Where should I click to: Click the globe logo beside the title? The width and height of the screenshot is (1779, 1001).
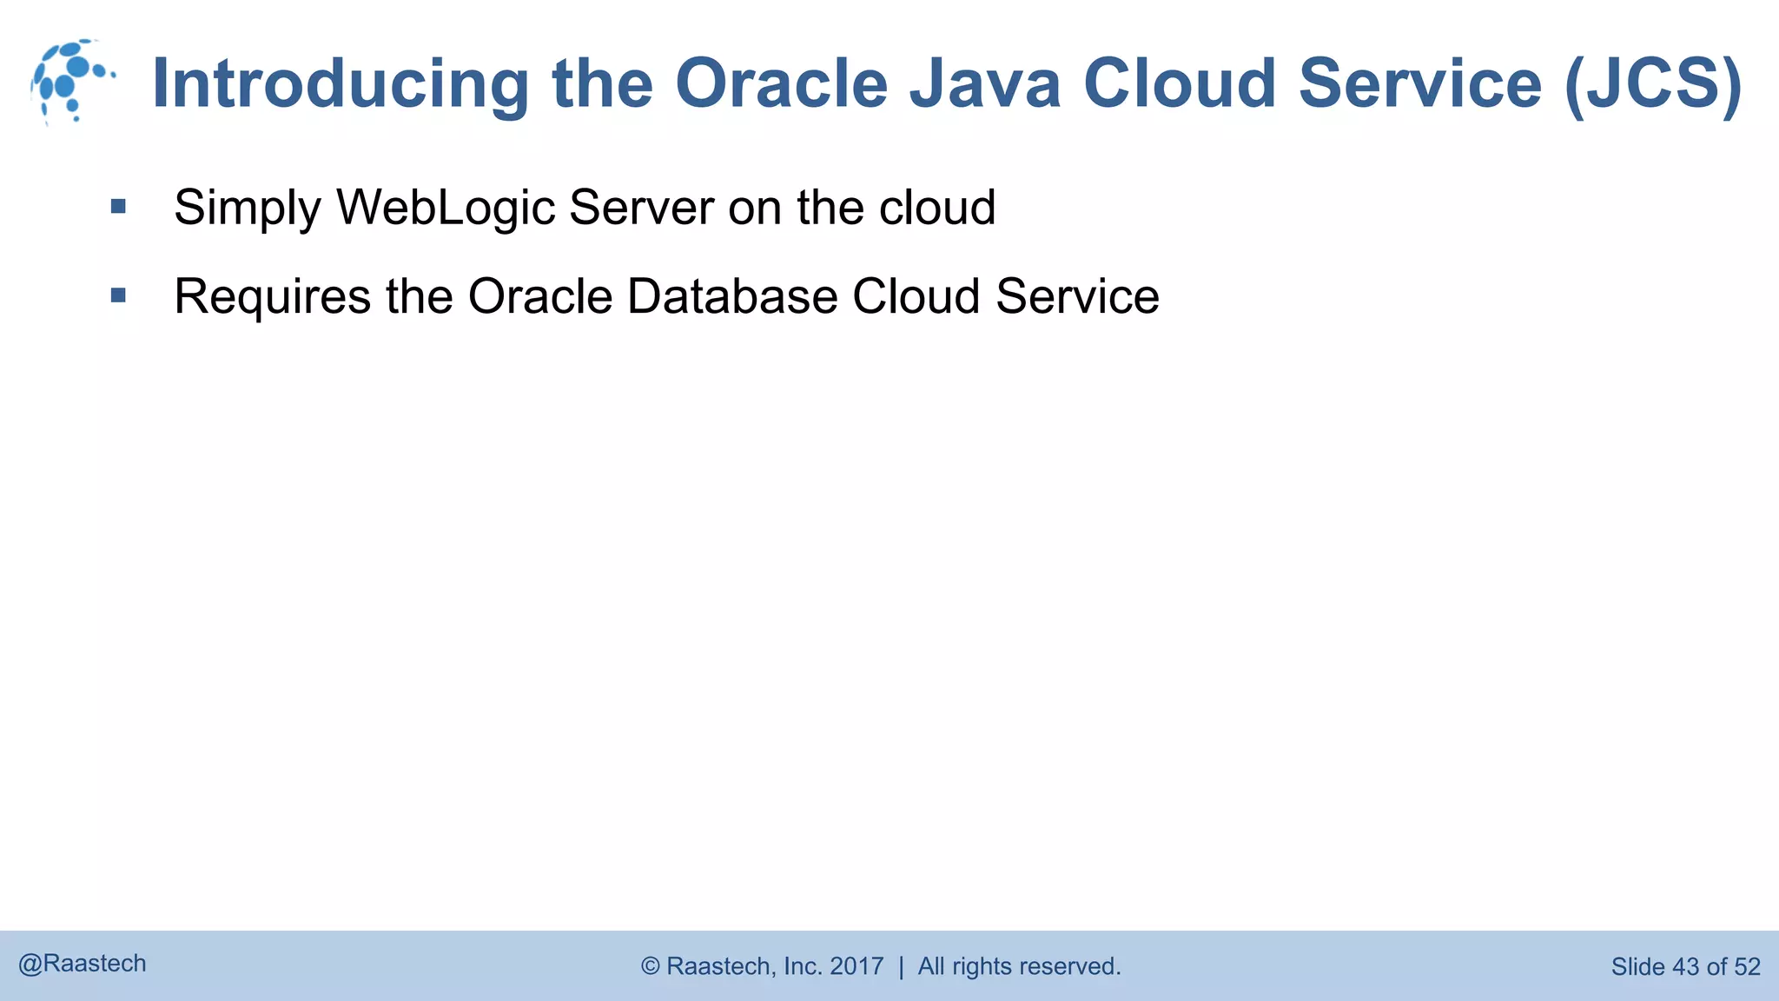[71, 82]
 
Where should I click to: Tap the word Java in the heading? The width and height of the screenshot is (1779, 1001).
[985, 83]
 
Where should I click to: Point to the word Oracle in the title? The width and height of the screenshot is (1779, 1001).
[781, 83]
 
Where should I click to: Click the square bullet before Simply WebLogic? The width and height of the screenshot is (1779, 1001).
[119, 207]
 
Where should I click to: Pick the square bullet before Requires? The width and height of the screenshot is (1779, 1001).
[119, 295]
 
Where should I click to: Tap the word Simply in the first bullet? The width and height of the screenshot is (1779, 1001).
[248, 209]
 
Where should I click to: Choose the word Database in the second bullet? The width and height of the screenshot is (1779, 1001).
[732, 297]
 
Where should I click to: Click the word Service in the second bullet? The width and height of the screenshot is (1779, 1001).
[1077, 297]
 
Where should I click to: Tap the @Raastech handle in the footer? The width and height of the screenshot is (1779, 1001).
[83, 964]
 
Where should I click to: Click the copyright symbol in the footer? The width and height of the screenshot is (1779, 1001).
[651, 966]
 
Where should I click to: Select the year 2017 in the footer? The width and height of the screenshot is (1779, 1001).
[856, 966]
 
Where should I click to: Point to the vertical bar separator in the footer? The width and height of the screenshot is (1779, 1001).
[901, 966]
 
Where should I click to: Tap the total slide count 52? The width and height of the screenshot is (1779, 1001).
[1747, 966]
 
